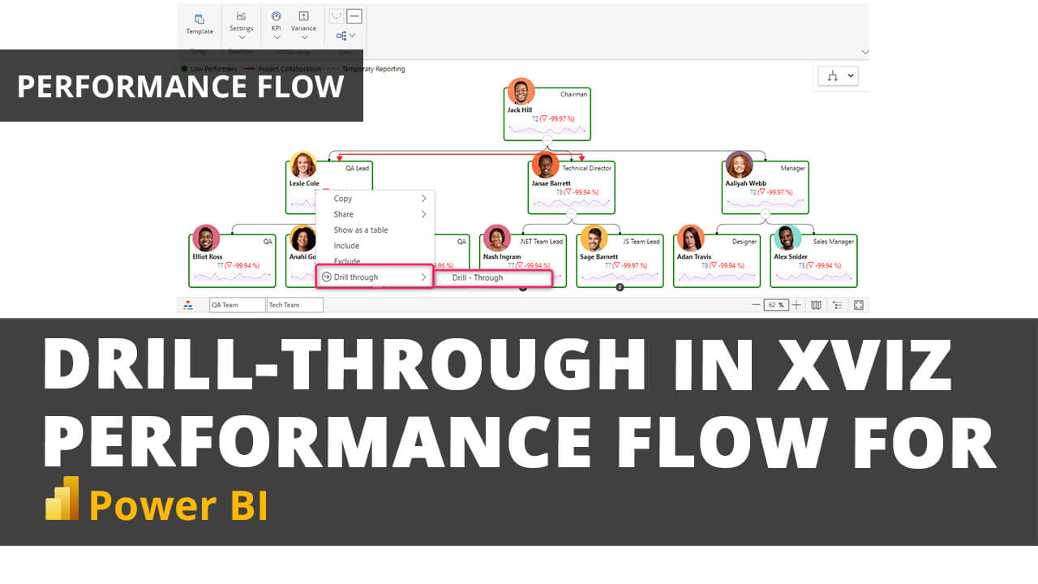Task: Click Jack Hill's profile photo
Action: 521,92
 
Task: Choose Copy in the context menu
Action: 344,199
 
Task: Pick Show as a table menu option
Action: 361,230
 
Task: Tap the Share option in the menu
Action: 344,214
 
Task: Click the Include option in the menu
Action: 346,246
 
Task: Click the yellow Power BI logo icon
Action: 62,498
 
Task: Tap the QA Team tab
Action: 236,305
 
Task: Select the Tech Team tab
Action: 294,305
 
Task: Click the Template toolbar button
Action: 199,24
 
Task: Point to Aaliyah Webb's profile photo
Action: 739,165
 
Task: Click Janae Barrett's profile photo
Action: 546,165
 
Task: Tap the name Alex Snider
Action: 790,256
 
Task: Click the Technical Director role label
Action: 586,169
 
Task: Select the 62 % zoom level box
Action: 776,305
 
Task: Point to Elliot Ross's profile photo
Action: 206,238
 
